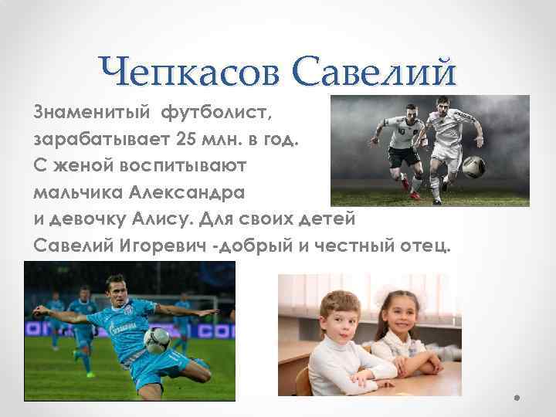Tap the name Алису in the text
215,218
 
